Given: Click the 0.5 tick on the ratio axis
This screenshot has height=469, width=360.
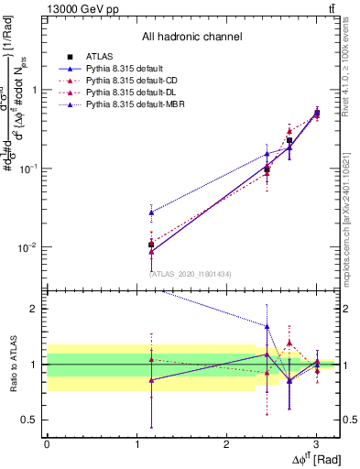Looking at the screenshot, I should click(x=32, y=420).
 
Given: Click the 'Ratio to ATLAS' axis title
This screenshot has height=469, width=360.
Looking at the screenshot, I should click(x=12, y=365).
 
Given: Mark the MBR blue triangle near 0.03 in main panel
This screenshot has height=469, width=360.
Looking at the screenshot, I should click(x=151, y=213).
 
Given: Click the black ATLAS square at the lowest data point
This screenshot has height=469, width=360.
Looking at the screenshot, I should click(x=151, y=245).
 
